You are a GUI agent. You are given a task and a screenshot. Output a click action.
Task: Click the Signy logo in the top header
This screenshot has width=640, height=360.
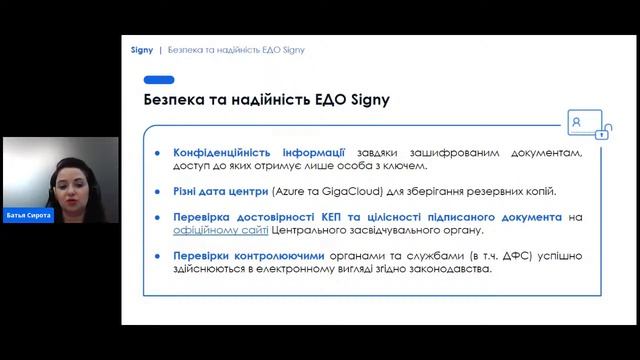tap(142, 49)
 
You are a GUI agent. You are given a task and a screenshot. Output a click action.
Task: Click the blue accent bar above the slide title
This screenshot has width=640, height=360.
tap(159, 80)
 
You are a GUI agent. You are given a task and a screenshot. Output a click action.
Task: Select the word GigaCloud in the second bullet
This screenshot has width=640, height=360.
tap(347, 190)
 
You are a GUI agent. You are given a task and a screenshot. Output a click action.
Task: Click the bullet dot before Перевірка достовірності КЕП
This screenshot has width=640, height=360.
tap(157, 216)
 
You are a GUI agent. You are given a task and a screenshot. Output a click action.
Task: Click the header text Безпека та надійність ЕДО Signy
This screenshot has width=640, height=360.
tap(236, 49)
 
